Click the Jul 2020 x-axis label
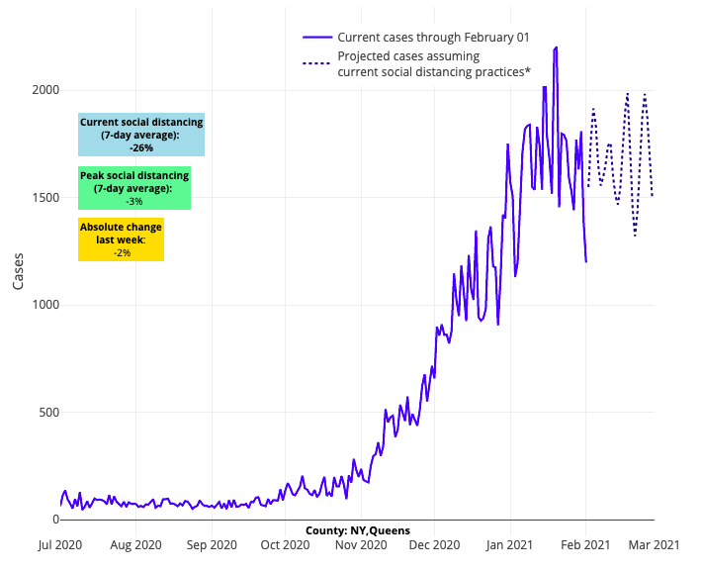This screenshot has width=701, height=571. tap(60, 544)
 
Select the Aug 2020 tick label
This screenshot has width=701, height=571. tap(135, 544)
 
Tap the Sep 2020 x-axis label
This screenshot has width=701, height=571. tap(211, 544)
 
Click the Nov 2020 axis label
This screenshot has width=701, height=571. tap(359, 544)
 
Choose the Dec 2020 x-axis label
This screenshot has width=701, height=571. tap(433, 544)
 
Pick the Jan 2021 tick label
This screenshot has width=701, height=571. tap(510, 544)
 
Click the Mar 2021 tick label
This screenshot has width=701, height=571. tap(654, 544)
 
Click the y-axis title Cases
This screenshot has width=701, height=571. tap(19, 269)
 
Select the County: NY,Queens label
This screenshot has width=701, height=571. tap(357, 530)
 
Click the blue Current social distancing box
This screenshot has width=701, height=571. tap(141, 135)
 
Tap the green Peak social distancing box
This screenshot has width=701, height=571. tap(134, 188)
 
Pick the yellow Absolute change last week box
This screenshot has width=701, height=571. tap(122, 240)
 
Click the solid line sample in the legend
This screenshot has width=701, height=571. tap(315, 38)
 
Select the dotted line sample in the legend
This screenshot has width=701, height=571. tap(315, 63)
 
